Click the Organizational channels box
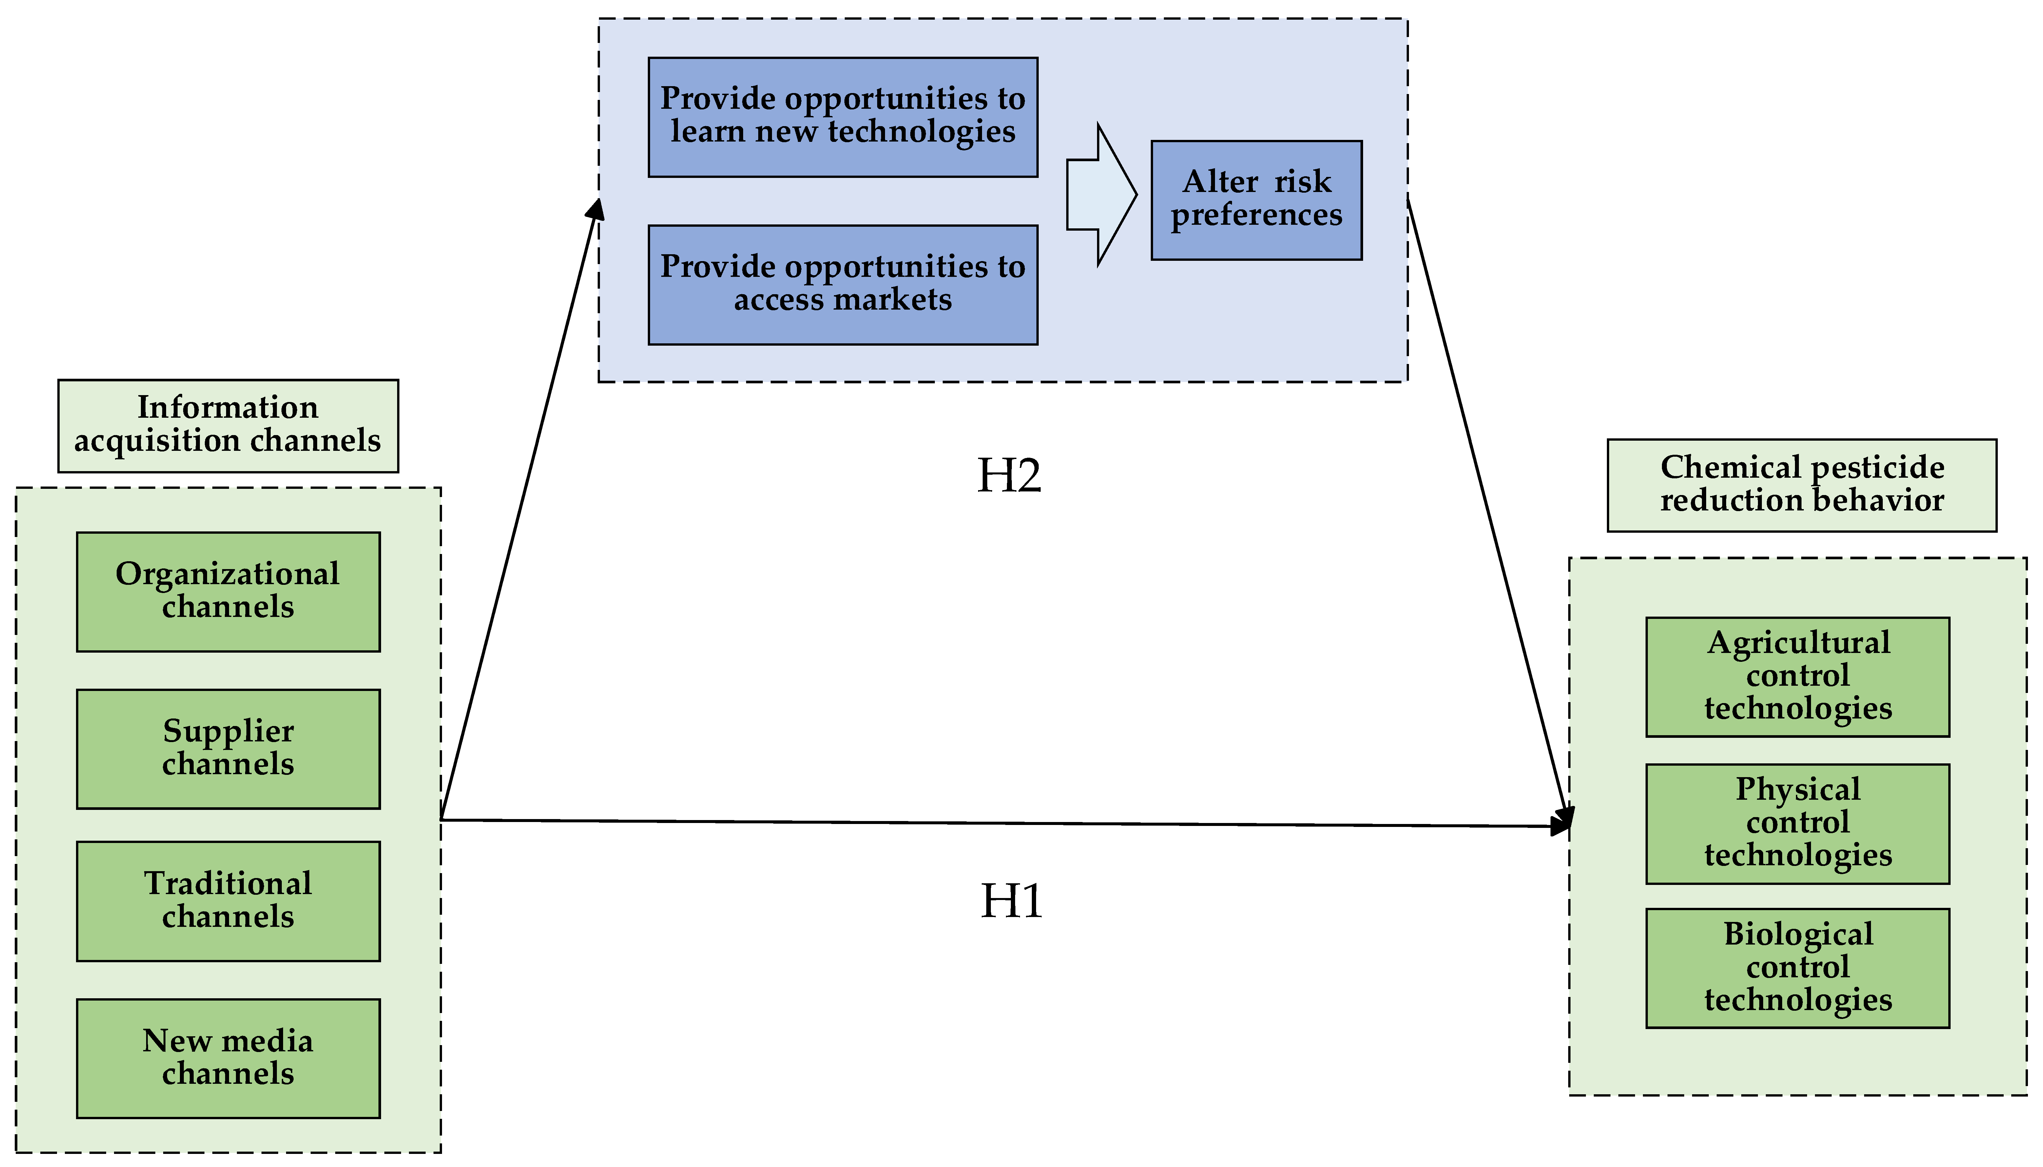pyautogui.click(x=228, y=591)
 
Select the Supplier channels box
pyautogui.click(x=228, y=749)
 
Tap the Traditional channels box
pyautogui.click(x=228, y=901)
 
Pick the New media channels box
pyautogui.click(x=228, y=1058)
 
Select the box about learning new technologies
pyautogui.click(x=842, y=117)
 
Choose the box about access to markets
pyautogui.click(x=842, y=284)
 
